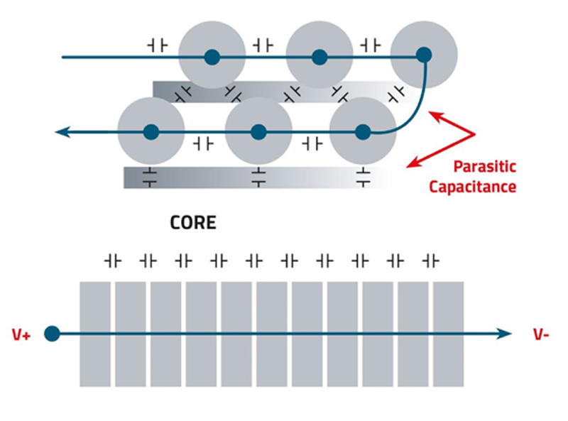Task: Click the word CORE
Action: coord(193,222)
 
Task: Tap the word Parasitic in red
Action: coord(485,167)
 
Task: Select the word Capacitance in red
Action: coord(473,187)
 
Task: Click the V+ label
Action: coord(21,335)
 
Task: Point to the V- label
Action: coord(541,334)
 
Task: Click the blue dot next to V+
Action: coord(52,334)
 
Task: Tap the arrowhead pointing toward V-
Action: coord(503,334)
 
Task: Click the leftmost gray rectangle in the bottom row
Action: coord(95,334)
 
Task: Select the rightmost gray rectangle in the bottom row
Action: coord(449,334)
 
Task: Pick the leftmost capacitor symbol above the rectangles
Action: coord(113,261)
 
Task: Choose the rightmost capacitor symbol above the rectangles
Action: coord(431,261)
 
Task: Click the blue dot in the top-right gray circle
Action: coord(424,55)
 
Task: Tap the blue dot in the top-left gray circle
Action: coord(212,58)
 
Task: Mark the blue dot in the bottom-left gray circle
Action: coord(151,132)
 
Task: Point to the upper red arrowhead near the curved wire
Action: coord(436,116)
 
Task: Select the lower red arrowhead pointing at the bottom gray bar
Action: coord(413,163)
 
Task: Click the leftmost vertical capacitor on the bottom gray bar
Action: coord(150,177)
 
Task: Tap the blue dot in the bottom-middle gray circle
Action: coord(258,132)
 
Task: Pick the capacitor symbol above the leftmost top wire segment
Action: coord(158,46)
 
